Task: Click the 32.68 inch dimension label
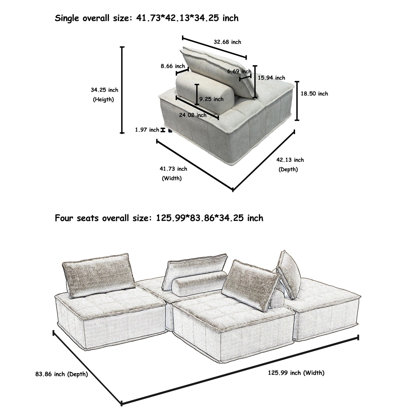coord(227,42)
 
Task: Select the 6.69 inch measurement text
coord(239,71)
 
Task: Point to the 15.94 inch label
coord(271,78)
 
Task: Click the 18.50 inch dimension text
coord(314,94)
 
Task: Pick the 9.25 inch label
coord(211,99)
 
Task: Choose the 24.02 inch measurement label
coord(193,115)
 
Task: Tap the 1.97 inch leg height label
coord(147,130)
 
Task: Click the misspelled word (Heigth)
coord(103,100)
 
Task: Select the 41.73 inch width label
coord(173,169)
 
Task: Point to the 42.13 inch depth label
coord(290,160)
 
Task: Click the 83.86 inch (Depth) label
coord(62,374)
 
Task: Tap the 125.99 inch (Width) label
coord(296,373)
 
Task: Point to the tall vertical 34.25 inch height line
coord(122,90)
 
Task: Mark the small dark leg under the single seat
coord(171,131)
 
